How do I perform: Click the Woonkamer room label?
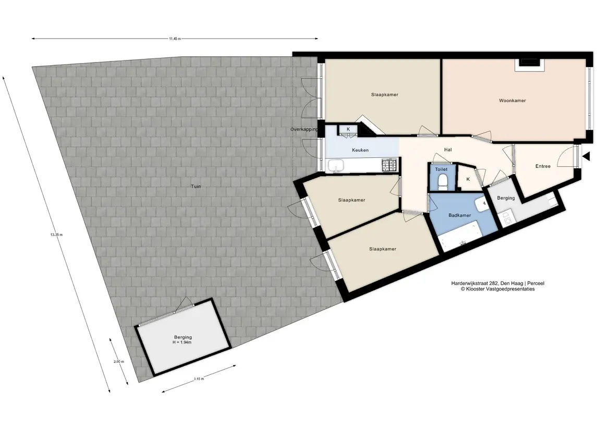[512, 101]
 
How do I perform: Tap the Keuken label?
[360, 150]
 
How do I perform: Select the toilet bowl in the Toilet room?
[443, 181]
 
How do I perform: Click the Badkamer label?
[459, 215]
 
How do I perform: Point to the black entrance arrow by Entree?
[586, 156]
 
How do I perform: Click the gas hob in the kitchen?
[389, 165]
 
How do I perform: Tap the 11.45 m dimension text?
[175, 39]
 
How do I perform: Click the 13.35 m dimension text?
[56, 235]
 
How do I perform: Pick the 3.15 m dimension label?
[199, 379]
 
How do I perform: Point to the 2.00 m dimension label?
[119, 362]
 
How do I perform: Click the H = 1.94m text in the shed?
[182, 342]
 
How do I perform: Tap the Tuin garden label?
[196, 187]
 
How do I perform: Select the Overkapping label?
[304, 129]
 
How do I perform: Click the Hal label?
[448, 150]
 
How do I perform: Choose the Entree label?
[543, 166]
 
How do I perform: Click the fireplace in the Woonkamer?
[530, 65]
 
